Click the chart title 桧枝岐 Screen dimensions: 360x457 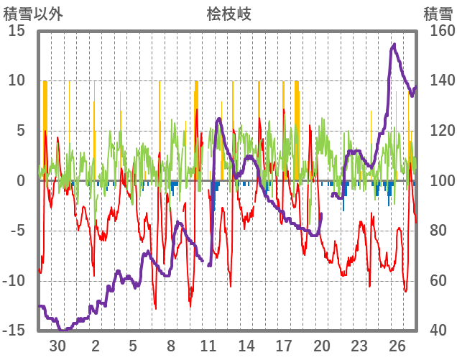(x=229, y=14)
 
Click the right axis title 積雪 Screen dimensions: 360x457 (x=438, y=14)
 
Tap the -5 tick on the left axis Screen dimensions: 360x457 (x=18, y=231)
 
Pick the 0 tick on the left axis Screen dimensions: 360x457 (x=21, y=180)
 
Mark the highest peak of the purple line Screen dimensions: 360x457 (x=394, y=45)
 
